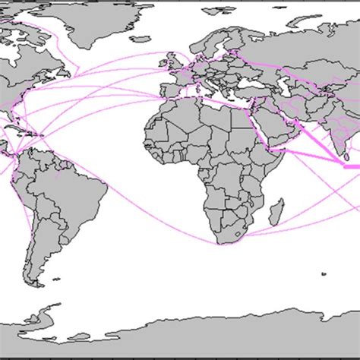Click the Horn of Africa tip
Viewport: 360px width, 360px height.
pyautogui.click(x=277, y=150)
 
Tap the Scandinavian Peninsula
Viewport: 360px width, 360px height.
pyautogui.click(x=199, y=42)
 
